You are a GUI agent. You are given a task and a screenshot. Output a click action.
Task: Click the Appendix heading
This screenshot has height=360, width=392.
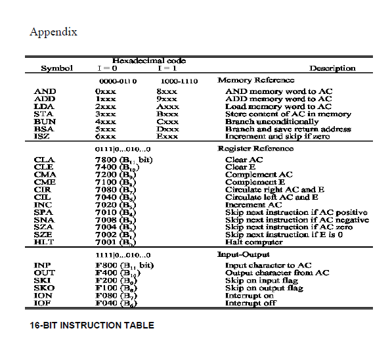(53, 32)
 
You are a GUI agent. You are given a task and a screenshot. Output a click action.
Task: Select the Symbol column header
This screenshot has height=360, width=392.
(56, 68)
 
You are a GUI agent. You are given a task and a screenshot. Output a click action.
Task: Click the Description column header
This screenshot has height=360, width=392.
(332, 68)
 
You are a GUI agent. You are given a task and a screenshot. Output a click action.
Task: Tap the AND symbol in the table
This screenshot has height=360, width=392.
(45, 91)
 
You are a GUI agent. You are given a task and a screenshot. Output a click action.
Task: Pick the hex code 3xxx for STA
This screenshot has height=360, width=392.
(106, 114)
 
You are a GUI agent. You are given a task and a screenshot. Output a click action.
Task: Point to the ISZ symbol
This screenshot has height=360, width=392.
(43, 137)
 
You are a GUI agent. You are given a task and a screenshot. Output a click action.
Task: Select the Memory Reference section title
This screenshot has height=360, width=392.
(251, 80)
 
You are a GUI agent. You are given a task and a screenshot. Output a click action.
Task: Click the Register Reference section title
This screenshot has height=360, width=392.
(253, 148)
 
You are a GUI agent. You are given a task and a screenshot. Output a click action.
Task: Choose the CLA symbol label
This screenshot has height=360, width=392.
(44, 160)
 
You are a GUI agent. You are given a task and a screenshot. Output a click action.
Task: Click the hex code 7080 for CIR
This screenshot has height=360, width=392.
(106, 190)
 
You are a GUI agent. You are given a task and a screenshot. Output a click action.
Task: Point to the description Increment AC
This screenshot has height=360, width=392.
(253, 205)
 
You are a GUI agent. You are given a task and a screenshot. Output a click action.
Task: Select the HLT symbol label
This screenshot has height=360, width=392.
(43, 242)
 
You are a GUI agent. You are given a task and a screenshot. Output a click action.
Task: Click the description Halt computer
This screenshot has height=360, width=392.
(254, 242)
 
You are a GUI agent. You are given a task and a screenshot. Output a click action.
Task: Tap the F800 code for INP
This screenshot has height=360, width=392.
(106, 265)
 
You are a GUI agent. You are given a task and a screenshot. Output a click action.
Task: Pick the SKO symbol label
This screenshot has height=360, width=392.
(44, 288)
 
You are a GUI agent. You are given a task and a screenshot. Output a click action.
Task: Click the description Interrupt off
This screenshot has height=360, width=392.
(251, 303)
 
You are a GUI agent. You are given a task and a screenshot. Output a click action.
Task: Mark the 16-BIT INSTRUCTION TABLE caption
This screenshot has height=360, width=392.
(92, 325)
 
